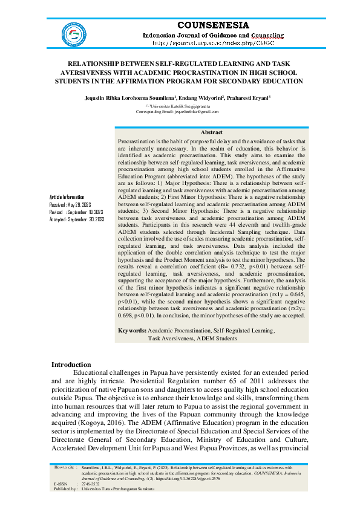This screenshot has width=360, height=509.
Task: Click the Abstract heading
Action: pos(211,132)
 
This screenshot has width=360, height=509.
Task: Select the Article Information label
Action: pos(67,198)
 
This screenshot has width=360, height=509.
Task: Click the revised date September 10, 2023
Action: pos(85,213)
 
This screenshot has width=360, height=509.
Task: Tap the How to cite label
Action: pos(64,467)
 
